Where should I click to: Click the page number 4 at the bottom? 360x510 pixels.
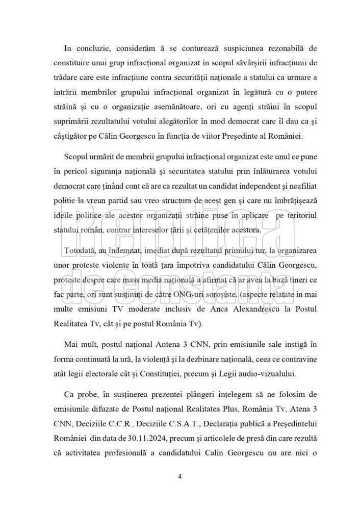click(180, 477)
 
